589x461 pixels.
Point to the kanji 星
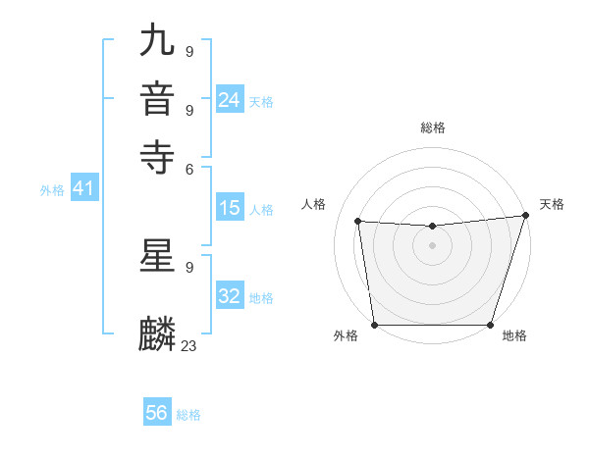point(158,256)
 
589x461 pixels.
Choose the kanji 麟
point(158,334)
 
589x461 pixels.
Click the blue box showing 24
point(230,100)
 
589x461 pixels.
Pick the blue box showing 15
point(230,208)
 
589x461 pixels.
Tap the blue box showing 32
point(230,296)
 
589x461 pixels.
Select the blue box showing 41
point(82,189)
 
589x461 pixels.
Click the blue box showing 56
point(157,413)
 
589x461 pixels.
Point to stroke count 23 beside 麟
point(189,345)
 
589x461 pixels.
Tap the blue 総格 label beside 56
point(188,415)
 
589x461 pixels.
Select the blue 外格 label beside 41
point(52,191)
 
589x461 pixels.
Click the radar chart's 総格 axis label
point(433,128)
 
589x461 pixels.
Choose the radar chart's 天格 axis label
point(552,204)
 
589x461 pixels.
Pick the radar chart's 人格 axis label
point(314,204)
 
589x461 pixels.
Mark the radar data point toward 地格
point(490,325)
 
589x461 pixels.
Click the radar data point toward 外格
point(375,325)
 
